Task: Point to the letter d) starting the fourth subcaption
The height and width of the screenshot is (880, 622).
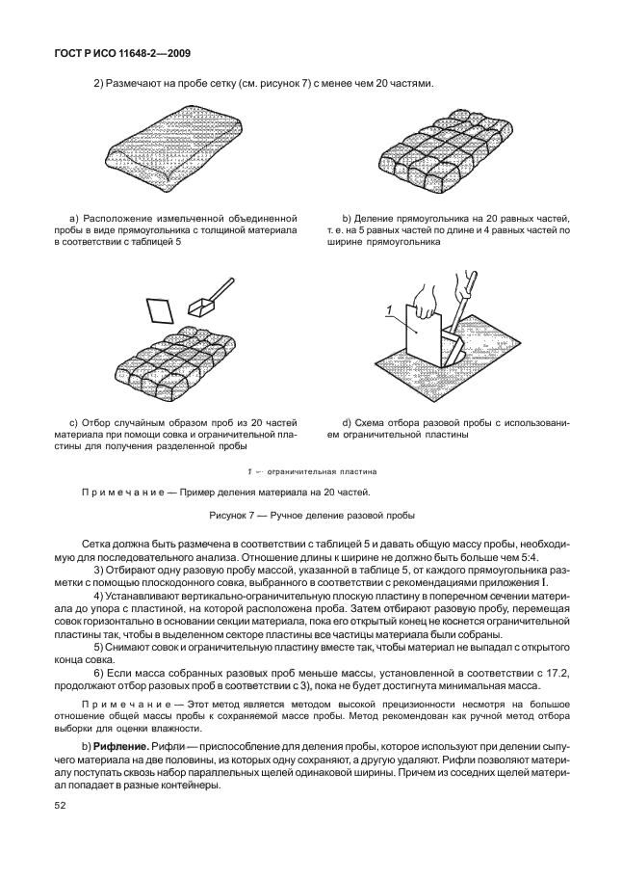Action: (x=348, y=422)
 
